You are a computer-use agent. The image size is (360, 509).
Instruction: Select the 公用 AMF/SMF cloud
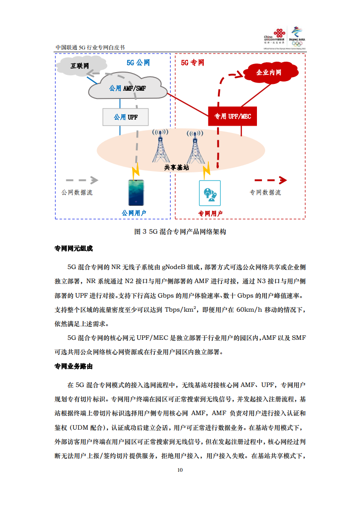coord(128,88)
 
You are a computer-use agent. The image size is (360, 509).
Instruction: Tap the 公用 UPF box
coord(126,117)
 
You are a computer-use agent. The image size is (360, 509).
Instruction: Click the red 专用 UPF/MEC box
coord(232,117)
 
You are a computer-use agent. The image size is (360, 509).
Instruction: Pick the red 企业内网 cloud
coord(269,72)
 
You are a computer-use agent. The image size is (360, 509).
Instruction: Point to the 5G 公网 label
coord(138,63)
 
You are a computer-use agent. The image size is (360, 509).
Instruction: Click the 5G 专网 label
coord(192,63)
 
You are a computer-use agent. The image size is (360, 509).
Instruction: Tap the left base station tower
coord(160,145)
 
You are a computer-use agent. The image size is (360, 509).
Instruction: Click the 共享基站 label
coord(176,167)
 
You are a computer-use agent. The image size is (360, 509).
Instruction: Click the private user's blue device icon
coord(210,193)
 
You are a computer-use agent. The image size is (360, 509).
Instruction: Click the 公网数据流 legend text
coord(77,192)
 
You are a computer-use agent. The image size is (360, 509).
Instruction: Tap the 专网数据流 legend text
coord(265,192)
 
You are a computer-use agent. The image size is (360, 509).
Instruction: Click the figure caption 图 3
coord(180,231)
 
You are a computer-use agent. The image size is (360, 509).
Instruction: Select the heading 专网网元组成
coord(74,249)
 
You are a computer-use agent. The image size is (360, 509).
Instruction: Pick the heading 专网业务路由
coord(74,366)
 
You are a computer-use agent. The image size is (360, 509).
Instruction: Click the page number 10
coord(180,470)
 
